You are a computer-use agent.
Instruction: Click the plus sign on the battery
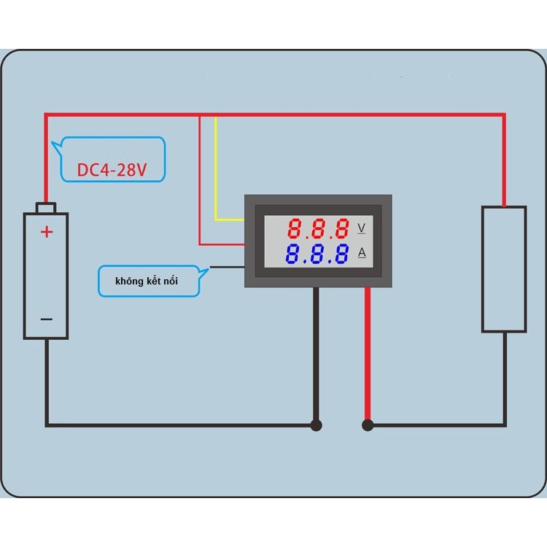(47, 233)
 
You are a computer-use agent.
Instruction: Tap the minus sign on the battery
(46, 319)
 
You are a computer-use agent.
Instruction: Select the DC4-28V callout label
(112, 170)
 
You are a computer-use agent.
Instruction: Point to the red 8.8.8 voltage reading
(318, 229)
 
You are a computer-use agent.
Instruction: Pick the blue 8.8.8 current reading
(318, 255)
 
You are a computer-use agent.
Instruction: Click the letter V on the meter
(361, 228)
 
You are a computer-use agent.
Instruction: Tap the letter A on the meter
(361, 254)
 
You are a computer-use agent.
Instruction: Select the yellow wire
(216, 175)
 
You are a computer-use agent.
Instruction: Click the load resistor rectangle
(503, 269)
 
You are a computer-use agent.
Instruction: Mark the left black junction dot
(316, 424)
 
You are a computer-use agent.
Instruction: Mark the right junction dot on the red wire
(368, 424)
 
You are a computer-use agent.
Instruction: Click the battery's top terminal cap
(46, 209)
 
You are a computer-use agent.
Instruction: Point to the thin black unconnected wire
(226, 267)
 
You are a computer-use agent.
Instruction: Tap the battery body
(46, 277)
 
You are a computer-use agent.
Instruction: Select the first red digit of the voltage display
(295, 229)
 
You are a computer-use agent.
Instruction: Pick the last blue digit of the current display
(341, 255)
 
